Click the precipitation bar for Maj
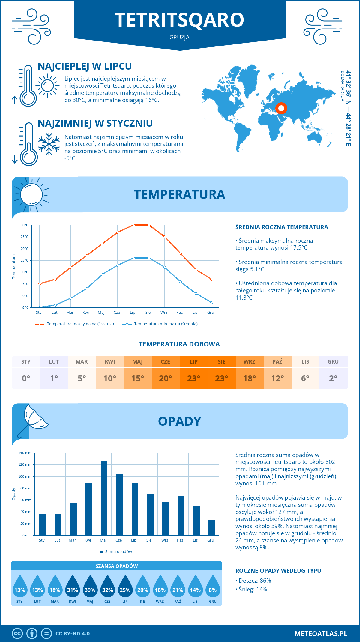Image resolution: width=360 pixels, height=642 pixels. coord(104,498)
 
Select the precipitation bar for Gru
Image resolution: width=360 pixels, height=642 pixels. coord(212,528)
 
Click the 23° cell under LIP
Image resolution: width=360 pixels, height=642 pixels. coord(193,378)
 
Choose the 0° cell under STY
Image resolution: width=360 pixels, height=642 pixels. coord(26,378)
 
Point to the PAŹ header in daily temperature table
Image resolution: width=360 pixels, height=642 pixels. coord(277,361)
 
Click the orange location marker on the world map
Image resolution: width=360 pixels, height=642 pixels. coord(281,108)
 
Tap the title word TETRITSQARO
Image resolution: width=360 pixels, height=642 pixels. coord(179,20)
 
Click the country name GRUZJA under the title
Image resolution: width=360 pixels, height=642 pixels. coord(179,37)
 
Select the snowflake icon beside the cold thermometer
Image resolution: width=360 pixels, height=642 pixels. coord(49,144)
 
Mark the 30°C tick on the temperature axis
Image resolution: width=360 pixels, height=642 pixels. coord(25,225)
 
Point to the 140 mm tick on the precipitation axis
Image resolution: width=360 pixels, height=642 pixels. coord(25,453)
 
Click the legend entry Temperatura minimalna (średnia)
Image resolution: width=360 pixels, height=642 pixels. coord(166,324)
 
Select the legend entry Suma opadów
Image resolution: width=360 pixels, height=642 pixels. coord(118,552)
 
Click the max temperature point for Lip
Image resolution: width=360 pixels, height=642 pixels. coord(133,225)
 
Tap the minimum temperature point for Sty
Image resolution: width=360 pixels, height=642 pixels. coord(40,307)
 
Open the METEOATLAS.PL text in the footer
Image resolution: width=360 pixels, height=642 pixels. coord(321,634)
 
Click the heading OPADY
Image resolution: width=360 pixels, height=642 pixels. coord(179,421)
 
